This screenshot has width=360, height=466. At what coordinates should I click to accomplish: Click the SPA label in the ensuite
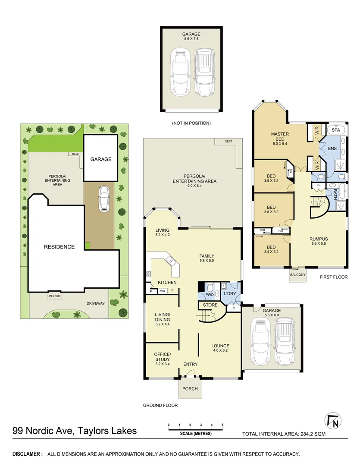pyautogui.click(x=335, y=129)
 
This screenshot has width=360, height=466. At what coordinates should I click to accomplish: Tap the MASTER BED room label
pyautogui.click(x=279, y=136)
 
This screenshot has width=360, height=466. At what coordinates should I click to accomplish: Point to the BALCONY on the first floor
pyautogui.click(x=297, y=275)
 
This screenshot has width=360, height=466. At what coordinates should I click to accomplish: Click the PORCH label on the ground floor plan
pyautogui.click(x=190, y=389)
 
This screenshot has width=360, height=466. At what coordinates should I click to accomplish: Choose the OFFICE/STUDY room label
pyautogui.click(x=162, y=357)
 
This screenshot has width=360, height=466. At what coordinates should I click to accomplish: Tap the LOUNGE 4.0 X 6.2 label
pyautogui.click(x=220, y=348)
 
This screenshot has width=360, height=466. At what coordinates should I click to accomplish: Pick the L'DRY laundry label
pyautogui.click(x=229, y=294)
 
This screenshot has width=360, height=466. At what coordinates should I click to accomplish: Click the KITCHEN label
pyautogui.click(x=167, y=283)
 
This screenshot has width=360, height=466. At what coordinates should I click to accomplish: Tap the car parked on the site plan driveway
pyautogui.click(x=103, y=198)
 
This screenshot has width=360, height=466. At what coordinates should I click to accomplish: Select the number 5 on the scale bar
pyautogui.click(x=222, y=425)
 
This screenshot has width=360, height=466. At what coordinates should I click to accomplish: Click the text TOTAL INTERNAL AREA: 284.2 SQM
pyautogui.click(x=284, y=434)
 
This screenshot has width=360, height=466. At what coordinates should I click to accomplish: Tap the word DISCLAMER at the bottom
pyautogui.click(x=28, y=454)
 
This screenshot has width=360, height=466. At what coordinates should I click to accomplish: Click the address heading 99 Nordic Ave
pyautogui.click(x=75, y=431)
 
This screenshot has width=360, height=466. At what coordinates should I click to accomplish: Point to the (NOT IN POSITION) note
pyautogui.click(x=191, y=123)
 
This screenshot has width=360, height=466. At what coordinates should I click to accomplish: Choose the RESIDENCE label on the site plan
pyautogui.click(x=59, y=247)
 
